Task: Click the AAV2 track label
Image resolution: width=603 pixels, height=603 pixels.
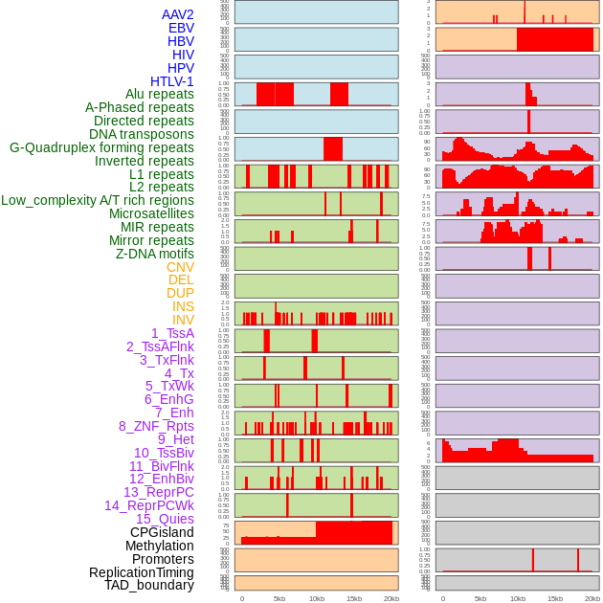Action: pyautogui.click(x=177, y=14)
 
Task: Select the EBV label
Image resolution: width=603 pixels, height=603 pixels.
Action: pyautogui.click(x=181, y=28)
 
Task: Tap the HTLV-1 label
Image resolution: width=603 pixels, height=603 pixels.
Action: pyautogui.click(x=172, y=81)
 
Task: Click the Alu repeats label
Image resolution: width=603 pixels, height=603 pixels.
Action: pyautogui.click(x=160, y=94)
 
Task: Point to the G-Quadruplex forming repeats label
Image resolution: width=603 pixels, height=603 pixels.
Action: pyautogui.click(x=101, y=147)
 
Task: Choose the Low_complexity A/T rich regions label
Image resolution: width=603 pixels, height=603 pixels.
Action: pyautogui.click(x=98, y=200)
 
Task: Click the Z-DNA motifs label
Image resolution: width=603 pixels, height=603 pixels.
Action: pyautogui.click(x=155, y=254)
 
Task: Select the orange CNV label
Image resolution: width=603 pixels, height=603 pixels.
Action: pyautogui.click(x=180, y=267)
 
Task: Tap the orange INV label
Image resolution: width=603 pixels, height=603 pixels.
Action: pyautogui.click(x=183, y=320)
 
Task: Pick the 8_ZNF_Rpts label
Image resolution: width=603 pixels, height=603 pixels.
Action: pyautogui.click(x=156, y=426)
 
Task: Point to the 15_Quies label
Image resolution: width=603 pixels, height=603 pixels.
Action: pyautogui.click(x=165, y=519)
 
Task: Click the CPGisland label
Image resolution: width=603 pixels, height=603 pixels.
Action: pyautogui.click(x=162, y=532)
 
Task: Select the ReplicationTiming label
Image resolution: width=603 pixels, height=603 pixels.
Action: pyautogui.click(x=142, y=572)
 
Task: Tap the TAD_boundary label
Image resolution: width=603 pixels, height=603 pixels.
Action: pyautogui.click(x=149, y=585)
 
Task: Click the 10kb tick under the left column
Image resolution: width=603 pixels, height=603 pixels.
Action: pyautogui.click(x=317, y=598)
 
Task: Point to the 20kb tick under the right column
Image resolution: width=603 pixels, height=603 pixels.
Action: pyautogui.click(x=592, y=598)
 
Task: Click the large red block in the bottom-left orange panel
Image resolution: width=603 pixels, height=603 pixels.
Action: pyautogui.click(x=353, y=532)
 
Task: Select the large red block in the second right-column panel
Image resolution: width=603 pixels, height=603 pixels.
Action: pyautogui.click(x=554, y=39)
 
